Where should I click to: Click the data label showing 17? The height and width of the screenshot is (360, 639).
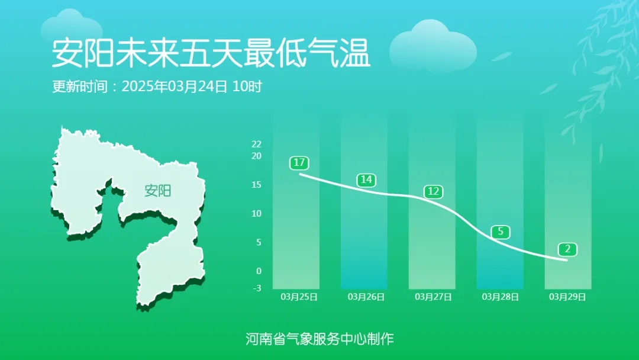pyautogui.click(x=299, y=162)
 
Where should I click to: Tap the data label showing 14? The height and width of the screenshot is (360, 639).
pyautogui.click(x=366, y=179)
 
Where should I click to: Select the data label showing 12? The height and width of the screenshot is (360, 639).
pyautogui.click(x=433, y=191)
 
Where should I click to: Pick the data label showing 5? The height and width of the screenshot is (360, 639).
pyautogui.click(x=501, y=232)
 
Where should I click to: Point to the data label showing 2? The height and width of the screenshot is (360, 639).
pyautogui.click(x=567, y=249)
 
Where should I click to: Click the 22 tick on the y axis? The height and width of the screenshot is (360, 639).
pyautogui.click(x=256, y=144)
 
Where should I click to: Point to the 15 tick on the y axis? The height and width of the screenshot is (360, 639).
pyautogui.click(x=256, y=185)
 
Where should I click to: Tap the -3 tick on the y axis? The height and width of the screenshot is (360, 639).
pyautogui.click(x=257, y=288)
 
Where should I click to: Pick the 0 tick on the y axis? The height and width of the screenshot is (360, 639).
pyautogui.click(x=259, y=271)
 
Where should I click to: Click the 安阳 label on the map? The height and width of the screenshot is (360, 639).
pyautogui.click(x=158, y=191)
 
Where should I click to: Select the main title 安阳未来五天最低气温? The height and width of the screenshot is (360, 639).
pyautogui.click(x=211, y=54)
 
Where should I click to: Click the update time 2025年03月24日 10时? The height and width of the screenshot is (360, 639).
pyautogui.click(x=192, y=86)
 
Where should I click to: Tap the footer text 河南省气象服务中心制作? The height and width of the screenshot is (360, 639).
pyautogui.click(x=319, y=339)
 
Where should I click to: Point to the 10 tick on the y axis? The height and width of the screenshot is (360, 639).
pyautogui.click(x=256, y=213)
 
